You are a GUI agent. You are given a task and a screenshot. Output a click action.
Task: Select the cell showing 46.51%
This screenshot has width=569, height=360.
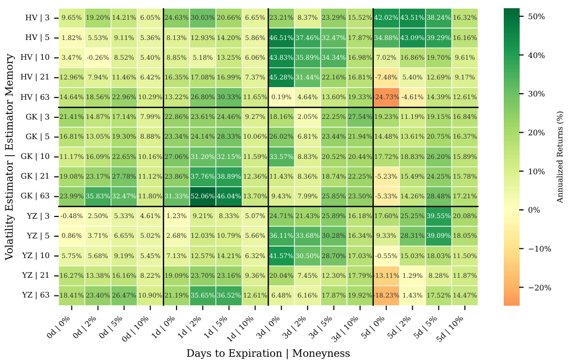282,37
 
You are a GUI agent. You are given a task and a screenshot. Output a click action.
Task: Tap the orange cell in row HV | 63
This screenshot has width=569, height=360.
386,97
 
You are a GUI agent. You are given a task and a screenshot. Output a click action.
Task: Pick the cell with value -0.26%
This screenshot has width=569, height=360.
98,58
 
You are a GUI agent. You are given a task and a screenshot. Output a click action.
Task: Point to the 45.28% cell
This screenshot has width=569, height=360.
282,77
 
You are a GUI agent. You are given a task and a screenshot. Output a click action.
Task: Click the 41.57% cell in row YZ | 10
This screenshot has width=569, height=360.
282,256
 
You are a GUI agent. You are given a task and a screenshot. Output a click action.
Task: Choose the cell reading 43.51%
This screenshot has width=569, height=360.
412,18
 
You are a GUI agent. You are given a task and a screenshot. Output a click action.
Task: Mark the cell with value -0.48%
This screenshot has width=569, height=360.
72,216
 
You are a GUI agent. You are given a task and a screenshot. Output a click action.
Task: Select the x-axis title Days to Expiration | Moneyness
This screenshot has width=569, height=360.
268,353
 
